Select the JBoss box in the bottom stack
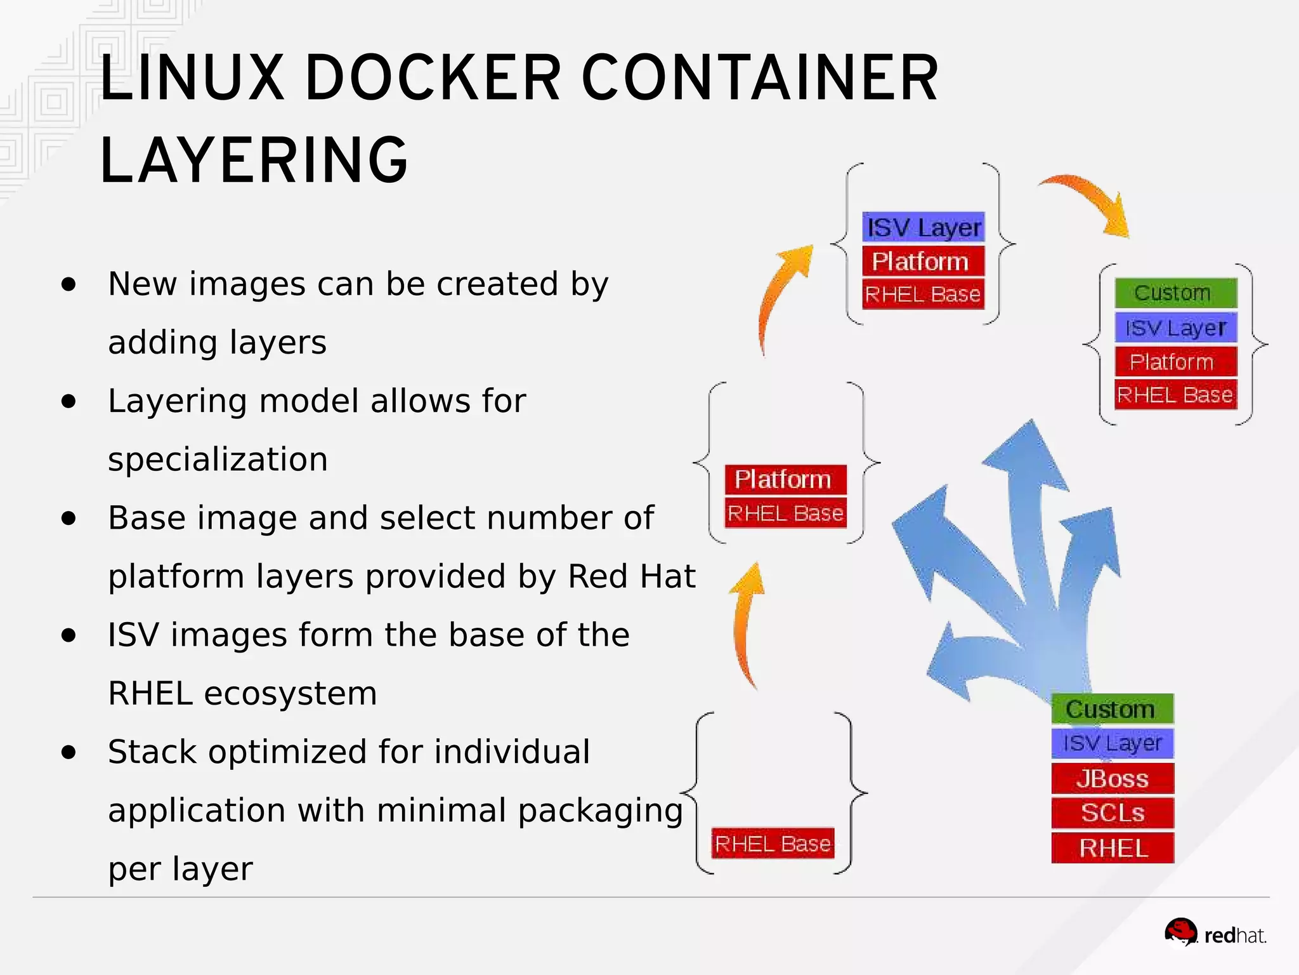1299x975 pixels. pyautogui.click(x=1113, y=778)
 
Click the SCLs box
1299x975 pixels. pyautogui.click(x=1113, y=813)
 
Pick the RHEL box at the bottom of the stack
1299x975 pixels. pyautogui.click(x=1113, y=848)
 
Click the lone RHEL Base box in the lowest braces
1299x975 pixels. pyautogui.click(x=773, y=844)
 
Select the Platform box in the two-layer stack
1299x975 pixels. pyautogui.click(x=785, y=479)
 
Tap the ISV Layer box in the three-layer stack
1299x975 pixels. pyautogui.click(x=924, y=227)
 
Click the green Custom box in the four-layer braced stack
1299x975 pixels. pyautogui.click(x=1175, y=293)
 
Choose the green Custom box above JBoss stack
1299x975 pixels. pyautogui.click(x=1112, y=709)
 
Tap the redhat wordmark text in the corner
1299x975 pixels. pyautogui.click(x=1234, y=936)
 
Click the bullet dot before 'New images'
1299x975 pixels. pyautogui.click(x=69, y=284)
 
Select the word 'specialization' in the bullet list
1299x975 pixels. pyautogui.click(x=218, y=459)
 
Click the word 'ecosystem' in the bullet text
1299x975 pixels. pyautogui.click(x=290, y=693)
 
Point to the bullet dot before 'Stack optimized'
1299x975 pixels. pyautogui.click(x=69, y=752)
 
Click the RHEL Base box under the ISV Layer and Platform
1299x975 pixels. pyautogui.click(x=923, y=295)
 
